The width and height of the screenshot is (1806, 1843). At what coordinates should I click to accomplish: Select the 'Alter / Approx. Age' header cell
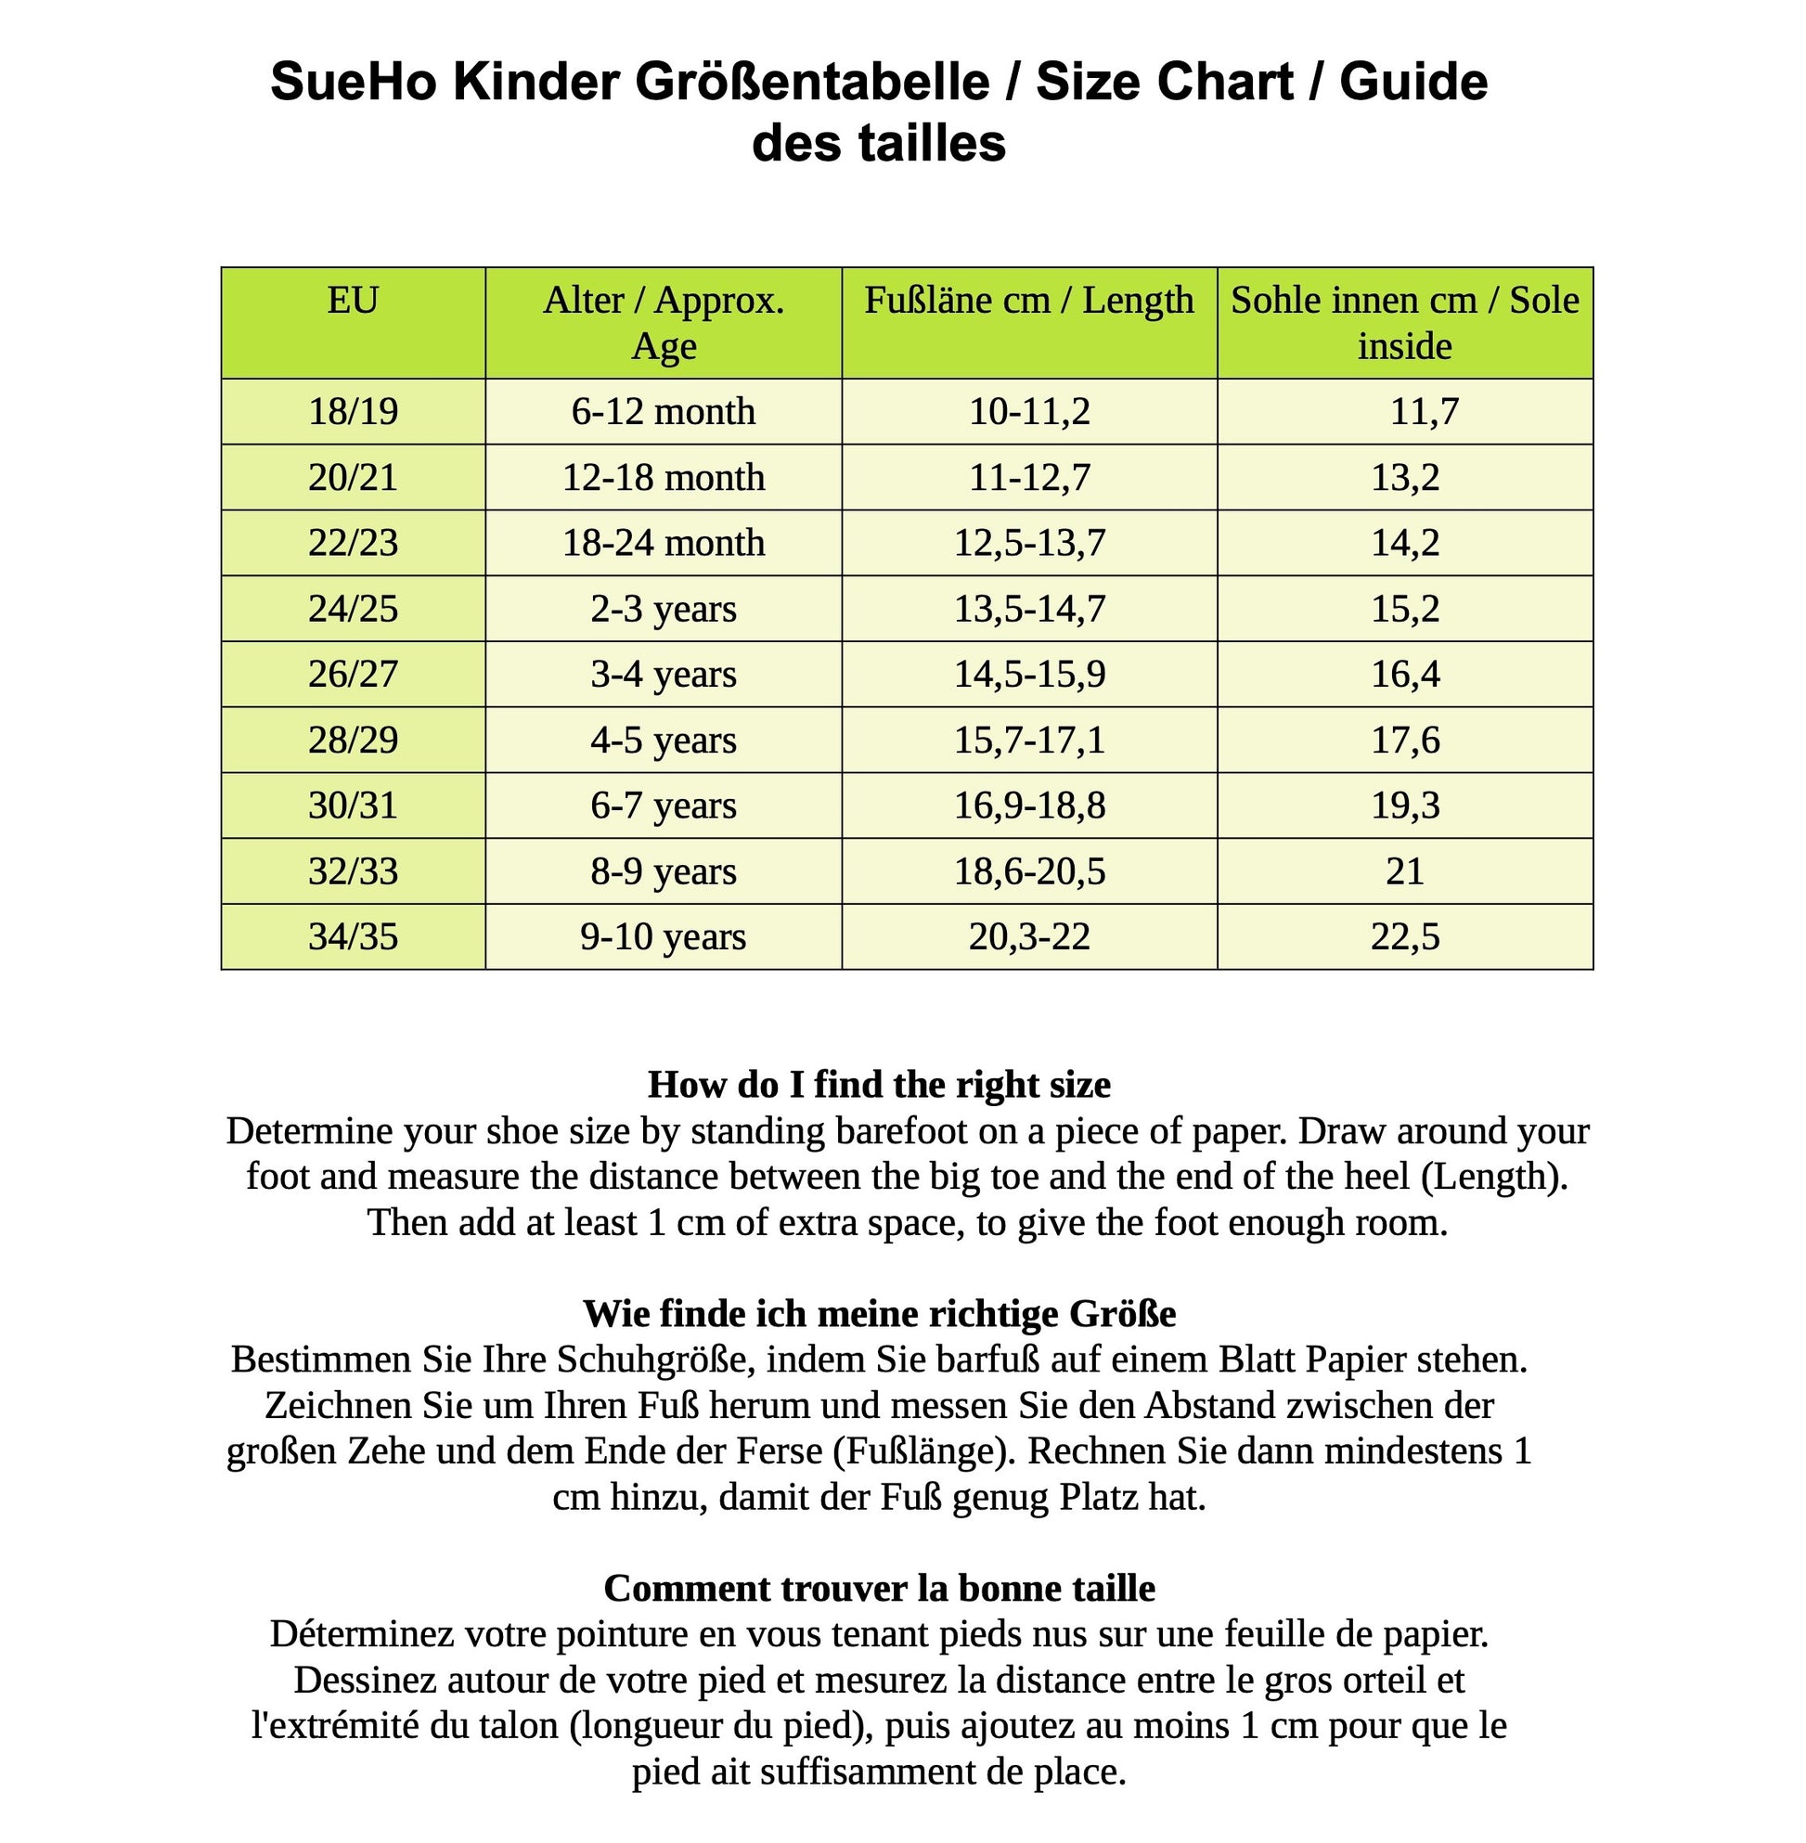click(663, 323)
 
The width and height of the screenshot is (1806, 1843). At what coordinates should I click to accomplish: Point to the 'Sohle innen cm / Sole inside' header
click(1404, 323)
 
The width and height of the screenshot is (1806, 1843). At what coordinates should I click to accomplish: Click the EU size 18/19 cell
click(353, 412)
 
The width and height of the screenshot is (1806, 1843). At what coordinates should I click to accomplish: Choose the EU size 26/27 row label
click(353, 675)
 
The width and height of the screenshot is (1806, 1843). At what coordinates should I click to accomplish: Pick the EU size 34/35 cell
click(353, 937)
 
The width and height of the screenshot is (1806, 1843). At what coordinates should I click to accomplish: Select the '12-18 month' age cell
click(663, 477)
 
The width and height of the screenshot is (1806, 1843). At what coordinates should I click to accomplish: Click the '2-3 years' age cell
click(663, 609)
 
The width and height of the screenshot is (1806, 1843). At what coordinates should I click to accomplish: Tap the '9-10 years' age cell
click(663, 937)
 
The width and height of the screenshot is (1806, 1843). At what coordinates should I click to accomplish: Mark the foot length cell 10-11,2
click(1029, 412)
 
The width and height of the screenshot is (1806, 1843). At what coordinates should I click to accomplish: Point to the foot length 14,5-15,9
click(1029, 675)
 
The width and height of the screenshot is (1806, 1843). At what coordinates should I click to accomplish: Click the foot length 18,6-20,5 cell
click(1029, 871)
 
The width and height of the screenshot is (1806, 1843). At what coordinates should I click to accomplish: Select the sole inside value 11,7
click(1424, 412)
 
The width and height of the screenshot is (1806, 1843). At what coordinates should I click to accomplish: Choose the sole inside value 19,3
click(1405, 806)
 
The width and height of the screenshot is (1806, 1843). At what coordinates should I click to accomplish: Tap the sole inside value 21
click(1405, 871)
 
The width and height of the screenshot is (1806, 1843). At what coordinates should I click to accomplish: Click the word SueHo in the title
click(353, 82)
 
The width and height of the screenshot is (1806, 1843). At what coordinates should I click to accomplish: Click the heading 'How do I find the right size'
click(879, 1084)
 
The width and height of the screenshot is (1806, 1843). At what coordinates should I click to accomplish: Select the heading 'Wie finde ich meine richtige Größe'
click(879, 1314)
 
